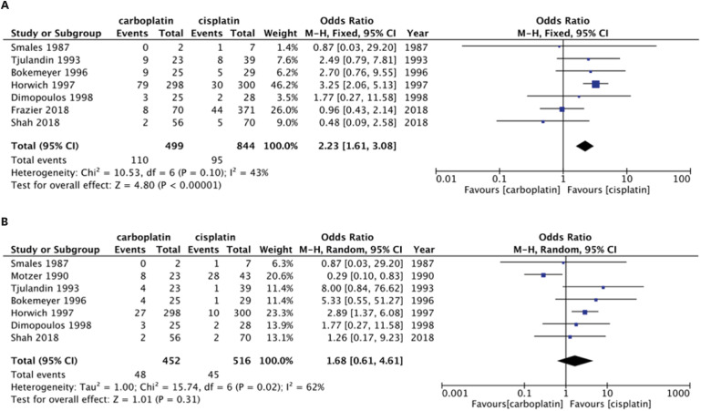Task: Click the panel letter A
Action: pos(7,6)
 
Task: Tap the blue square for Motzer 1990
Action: pos(543,274)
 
